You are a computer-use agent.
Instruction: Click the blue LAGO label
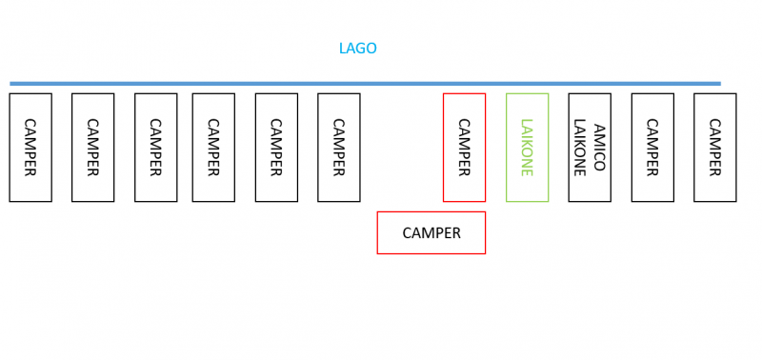point(358,49)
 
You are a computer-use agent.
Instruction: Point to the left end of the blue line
point(11,83)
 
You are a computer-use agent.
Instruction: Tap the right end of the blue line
point(719,83)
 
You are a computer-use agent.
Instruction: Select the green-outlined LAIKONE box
point(527,148)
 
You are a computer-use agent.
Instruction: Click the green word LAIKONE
point(527,148)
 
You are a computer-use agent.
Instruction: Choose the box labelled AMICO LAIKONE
point(590,148)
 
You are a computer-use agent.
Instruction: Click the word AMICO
point(599,148)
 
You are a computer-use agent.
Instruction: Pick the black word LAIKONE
point(579,148)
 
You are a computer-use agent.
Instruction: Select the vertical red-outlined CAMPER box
point(464,148)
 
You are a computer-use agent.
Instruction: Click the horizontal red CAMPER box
point(431,232)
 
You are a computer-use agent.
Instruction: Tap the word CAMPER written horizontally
point(431,232)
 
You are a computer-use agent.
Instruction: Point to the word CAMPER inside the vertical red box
point(464,148)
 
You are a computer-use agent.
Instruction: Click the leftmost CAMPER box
point(30,148)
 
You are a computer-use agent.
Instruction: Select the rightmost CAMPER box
point(714,148)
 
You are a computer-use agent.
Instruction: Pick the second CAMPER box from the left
point(92,148)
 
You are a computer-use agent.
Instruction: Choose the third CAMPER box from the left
point(155,148)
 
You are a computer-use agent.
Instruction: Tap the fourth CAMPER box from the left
point(213,148)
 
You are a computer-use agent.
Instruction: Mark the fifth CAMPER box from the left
point(276,148)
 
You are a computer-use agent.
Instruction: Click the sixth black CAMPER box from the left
point(338,148)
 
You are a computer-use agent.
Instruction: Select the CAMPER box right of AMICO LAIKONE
point(652,148)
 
